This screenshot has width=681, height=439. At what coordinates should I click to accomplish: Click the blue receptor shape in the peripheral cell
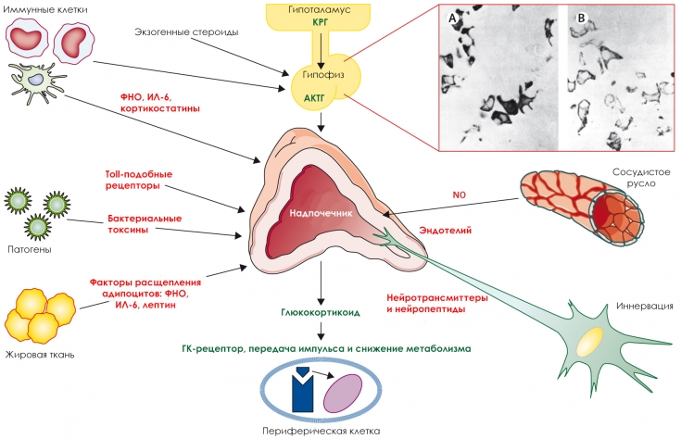pos(302,390)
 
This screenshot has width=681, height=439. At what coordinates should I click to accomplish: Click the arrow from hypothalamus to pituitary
pos(322,42)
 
